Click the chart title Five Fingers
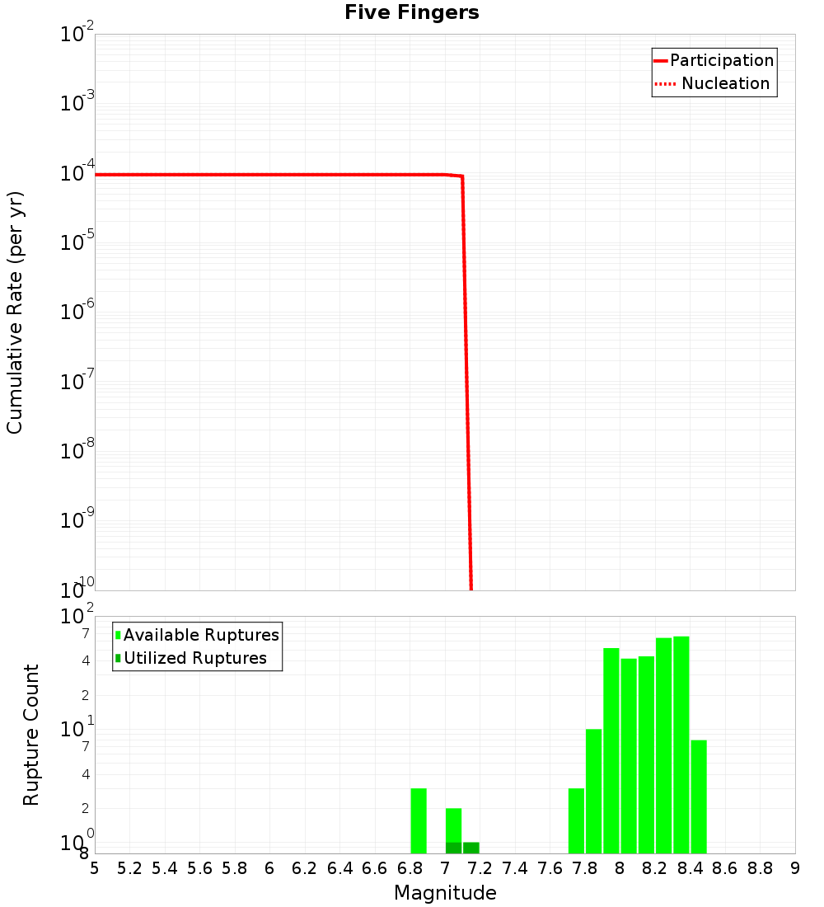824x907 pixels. (x=411, y=13)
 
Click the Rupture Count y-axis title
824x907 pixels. (x=31, y=734)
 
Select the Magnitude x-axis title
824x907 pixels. (x=445, y=893)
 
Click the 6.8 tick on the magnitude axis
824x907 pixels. (x=410, y=868)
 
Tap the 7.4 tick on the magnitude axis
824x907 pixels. (x=515, y=868)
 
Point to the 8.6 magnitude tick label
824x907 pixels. (x=725, y=868)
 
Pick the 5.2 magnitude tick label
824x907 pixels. (x=129, y=868)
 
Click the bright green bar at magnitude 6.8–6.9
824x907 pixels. (x=419, y=820)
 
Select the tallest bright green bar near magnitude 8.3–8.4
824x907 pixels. (x=681, y=745)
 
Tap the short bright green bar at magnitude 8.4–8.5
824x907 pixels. (x=699, y=797)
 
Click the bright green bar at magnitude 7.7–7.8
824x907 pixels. (x=576, y=820)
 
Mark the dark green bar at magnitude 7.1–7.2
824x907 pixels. (x=471, y=848)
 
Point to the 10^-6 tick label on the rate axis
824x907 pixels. (x=77, y=312)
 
